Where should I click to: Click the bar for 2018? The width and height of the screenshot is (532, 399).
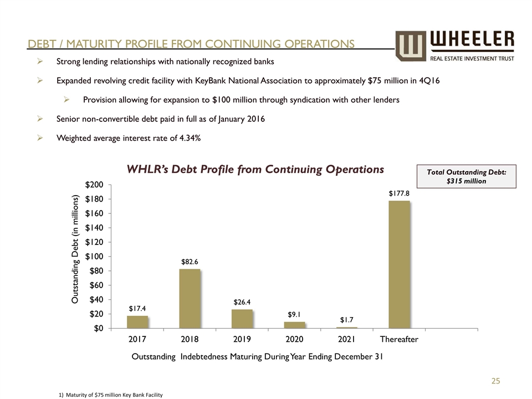point(190,298)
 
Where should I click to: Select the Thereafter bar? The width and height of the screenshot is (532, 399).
point(399,264)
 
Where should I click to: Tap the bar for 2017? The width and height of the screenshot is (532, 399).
point(137,322)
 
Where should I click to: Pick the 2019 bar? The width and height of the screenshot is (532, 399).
point(242,319)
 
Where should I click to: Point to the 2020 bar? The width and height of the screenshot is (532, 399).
point(294,325)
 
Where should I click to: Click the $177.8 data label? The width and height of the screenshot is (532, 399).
point(399,193)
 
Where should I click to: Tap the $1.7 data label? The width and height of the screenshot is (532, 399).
point(347,320)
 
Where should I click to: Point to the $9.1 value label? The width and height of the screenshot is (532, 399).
point(294,314)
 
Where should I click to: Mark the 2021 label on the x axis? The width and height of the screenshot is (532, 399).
point(347,339)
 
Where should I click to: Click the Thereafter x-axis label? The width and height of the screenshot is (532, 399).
point(399,339)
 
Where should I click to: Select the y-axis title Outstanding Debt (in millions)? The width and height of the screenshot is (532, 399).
point(77,249)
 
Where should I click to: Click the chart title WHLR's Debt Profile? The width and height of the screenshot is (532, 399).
point(255,169)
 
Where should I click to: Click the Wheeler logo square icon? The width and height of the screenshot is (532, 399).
point(411,45)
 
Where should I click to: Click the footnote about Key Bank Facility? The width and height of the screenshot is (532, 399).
point(110,395)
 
